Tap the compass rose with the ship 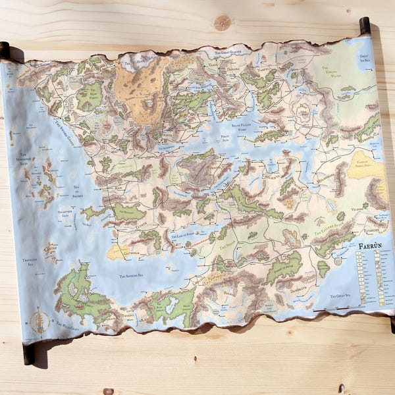click(x=39, y=321)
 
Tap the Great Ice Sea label click(x=367, y=57)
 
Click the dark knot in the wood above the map click(x=223, y=22)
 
